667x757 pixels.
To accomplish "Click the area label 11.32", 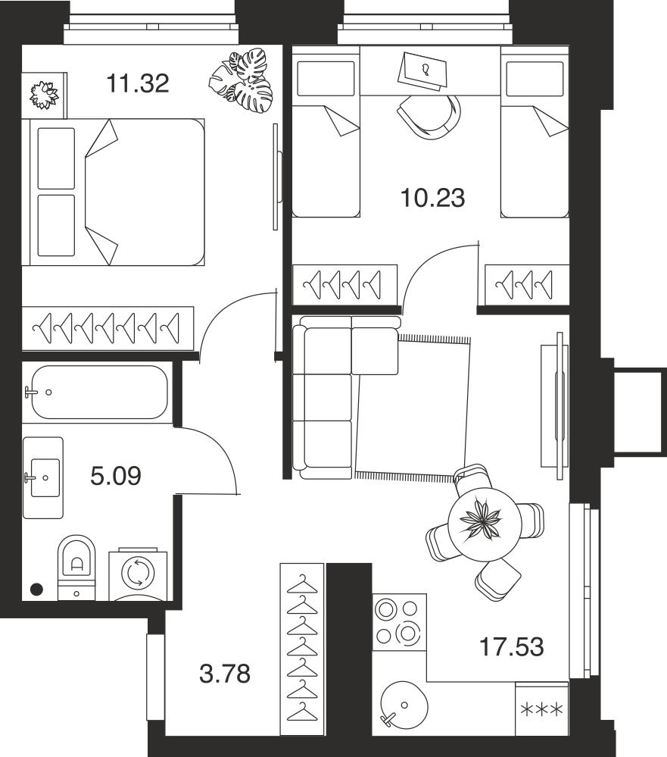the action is (x=138, y=83).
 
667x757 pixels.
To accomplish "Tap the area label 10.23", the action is (x=432, y=198).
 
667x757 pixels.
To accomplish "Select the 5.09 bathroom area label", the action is (x=116, y=476).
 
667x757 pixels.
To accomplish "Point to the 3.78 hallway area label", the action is (x=225, y=674).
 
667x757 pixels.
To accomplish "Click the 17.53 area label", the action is (x=512, y=647).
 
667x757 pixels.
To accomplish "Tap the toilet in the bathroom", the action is (x=76, y=568).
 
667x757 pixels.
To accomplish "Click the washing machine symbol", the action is (x=138, y=574).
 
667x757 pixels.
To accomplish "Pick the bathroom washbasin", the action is (x=43, y=477).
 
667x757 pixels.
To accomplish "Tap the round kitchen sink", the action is (x=404, y=705).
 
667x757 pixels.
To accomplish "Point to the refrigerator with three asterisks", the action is (x=542, y=709).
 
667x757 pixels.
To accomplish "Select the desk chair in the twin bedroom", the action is (x=429, y=117).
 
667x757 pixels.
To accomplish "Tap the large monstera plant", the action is (x=242, y=80).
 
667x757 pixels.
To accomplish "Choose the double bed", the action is (x=117, y=192).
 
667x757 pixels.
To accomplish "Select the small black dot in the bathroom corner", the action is (x=36, y=589).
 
